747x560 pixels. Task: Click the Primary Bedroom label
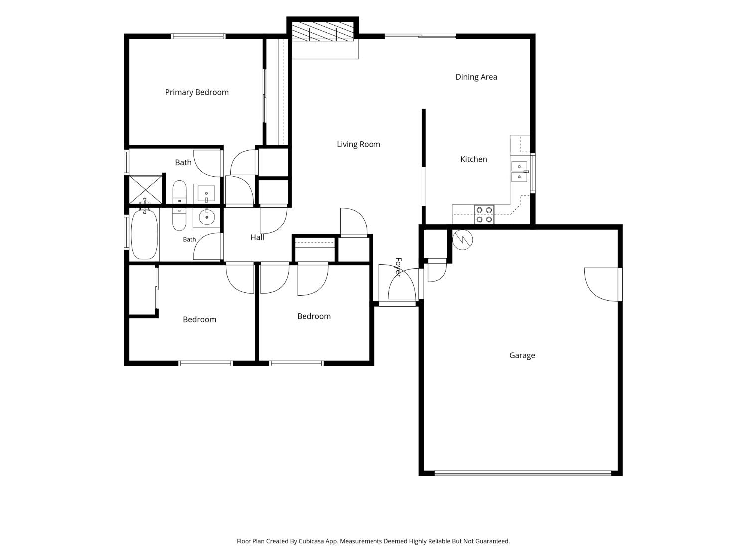197,92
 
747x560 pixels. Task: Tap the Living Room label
359,144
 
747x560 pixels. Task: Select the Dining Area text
476,77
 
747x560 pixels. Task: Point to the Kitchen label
474,159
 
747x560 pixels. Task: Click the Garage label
522,355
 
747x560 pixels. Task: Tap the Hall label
257,237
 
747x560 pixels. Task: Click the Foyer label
398,267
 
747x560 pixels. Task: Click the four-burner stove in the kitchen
484,215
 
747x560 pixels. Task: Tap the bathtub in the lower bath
144,234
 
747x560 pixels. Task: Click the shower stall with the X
145,190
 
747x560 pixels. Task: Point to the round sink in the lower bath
206,217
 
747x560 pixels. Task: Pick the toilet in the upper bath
179,192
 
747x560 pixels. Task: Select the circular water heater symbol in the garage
462,240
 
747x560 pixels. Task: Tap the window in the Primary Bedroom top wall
198,36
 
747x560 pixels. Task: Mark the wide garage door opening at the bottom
523,473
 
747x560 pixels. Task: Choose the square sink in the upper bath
206,194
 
